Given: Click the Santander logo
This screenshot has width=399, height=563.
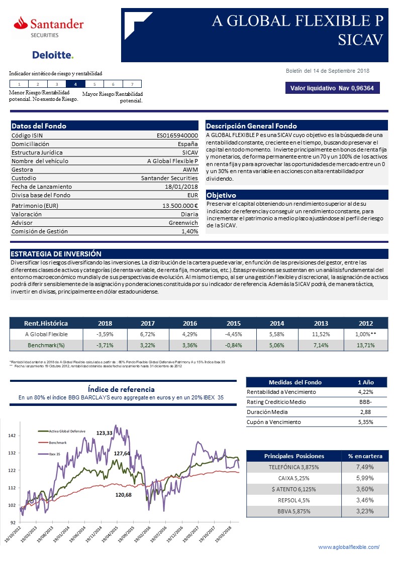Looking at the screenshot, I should (49, 26).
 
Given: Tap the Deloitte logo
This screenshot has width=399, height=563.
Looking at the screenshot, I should (53, 55).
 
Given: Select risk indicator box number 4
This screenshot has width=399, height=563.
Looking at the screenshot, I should (75, 84).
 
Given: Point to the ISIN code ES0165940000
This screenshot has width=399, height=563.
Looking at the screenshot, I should (177, 135).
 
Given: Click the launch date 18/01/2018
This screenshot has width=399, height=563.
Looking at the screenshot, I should (181, 186).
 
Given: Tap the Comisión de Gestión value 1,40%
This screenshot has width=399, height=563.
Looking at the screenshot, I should (189, 231).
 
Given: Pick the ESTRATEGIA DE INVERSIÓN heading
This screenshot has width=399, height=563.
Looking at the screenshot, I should (56, 254).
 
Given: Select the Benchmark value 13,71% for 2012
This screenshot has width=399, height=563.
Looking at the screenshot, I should (365, 345).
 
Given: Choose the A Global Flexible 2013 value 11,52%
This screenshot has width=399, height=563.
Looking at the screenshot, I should (320, 334).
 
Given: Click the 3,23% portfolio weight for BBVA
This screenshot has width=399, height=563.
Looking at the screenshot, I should (365, 511).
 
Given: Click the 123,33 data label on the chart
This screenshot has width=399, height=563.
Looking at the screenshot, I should (105, 433).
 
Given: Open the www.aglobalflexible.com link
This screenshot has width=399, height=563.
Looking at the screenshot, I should (349, 546).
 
